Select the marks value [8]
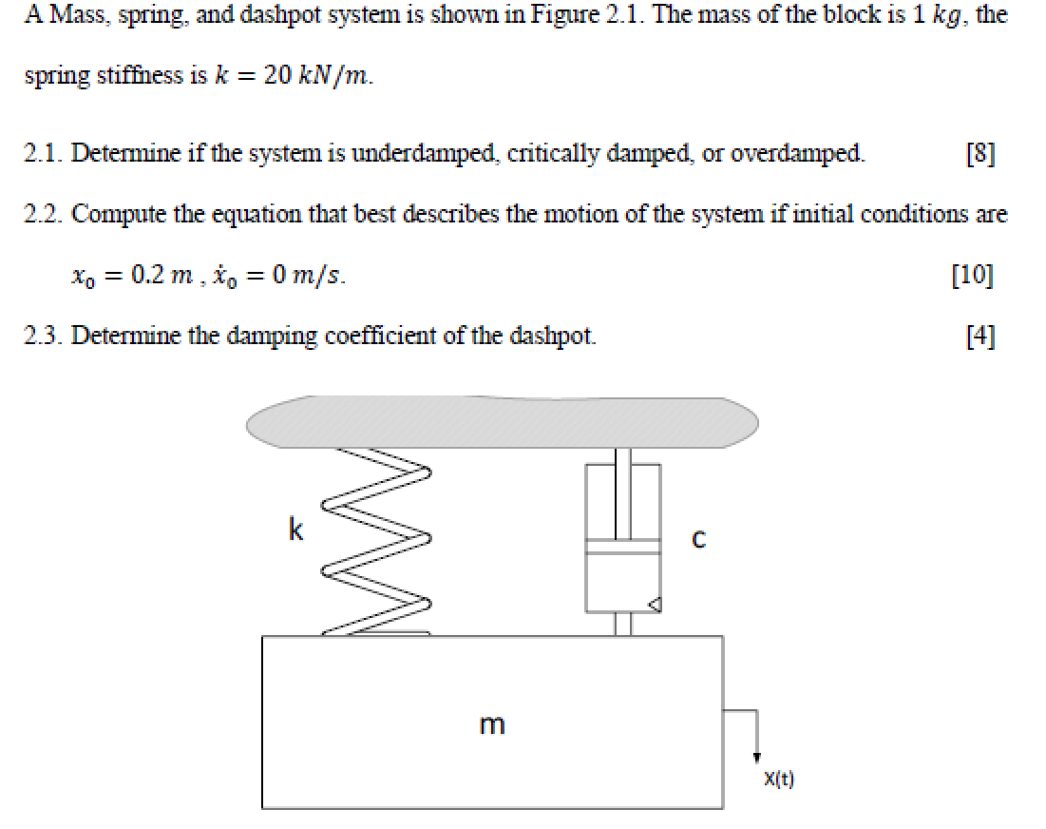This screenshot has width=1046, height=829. pyautogui.click(x=979, y=153)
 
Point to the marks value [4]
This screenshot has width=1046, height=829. pyautogui.click(x=979, y=337)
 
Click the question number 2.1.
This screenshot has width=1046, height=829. pyautogui.click(x=43, y=153)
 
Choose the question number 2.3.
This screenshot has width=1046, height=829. pyautogui.click(x=43, y=337)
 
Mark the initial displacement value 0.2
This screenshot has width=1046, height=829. pyautogui.click(x=149, y=276)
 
